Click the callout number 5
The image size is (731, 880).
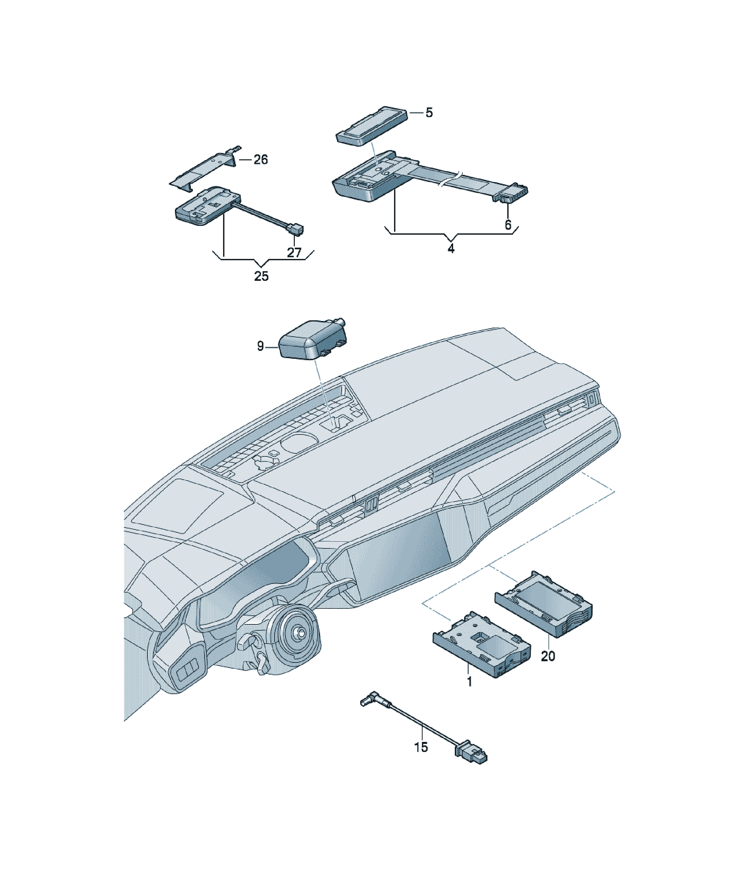(429, 113)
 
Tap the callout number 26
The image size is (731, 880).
(260, 160)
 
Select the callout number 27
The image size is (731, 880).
(294, 252)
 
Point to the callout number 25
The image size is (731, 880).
(261, 276)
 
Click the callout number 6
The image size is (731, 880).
(508, 225)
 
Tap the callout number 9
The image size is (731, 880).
(260, 346)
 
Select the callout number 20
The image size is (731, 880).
(548, 656)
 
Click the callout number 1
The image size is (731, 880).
(469, 682)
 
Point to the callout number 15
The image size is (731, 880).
(421, 747)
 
